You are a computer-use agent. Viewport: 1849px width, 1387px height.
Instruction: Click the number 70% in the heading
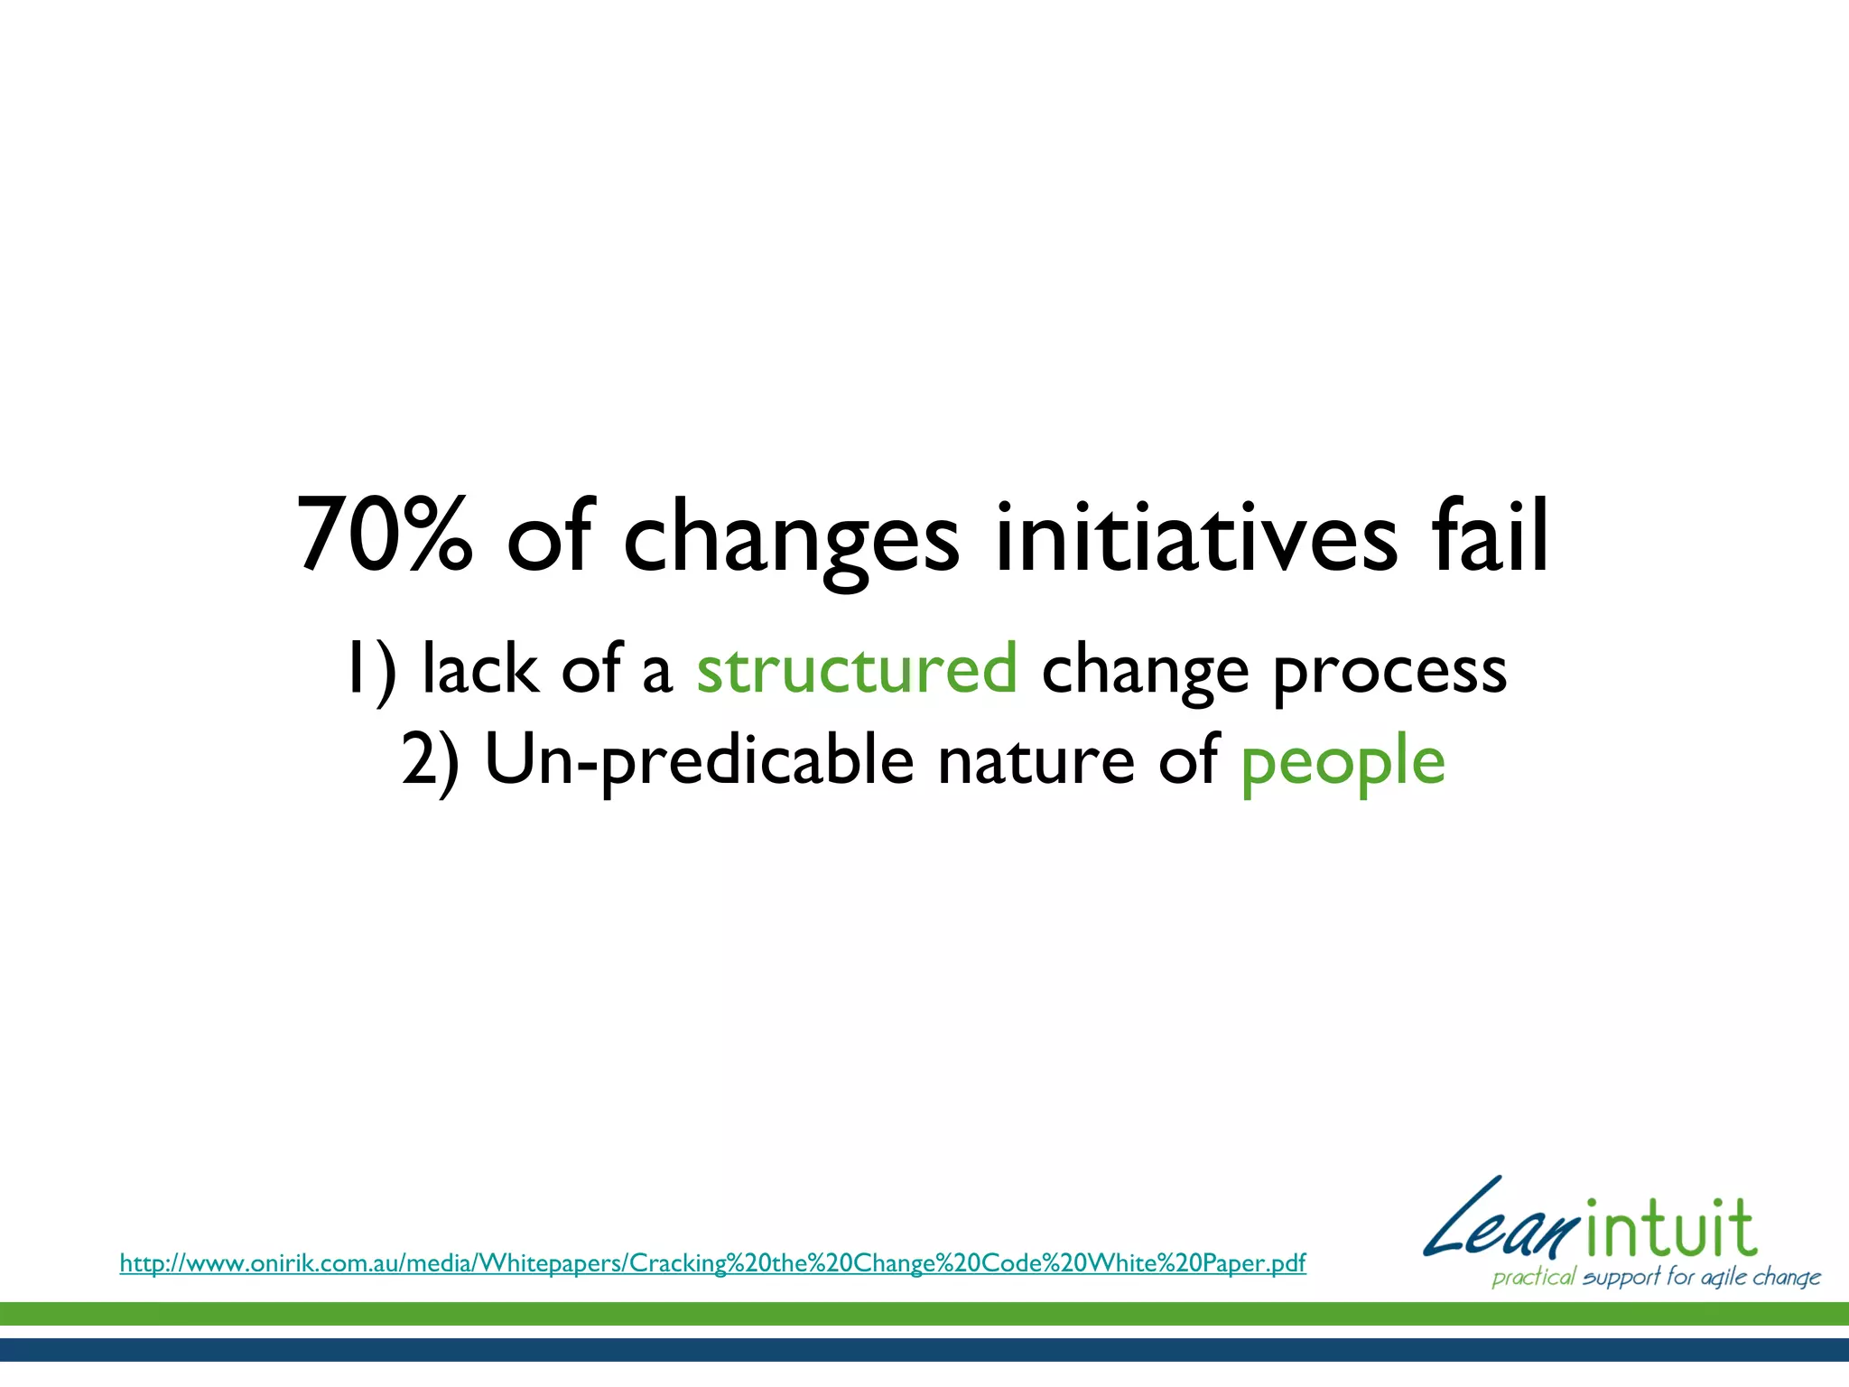pyautogui.click(x=385, y=535)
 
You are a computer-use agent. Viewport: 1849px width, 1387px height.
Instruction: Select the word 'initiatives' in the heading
pyautogui.click(x=1196, y=535)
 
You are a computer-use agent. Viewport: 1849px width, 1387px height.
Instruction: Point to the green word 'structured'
pyautogui.click(x=857, y=669)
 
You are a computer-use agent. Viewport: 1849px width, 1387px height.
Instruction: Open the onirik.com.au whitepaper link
pyautogui.click(x=712, y=1262)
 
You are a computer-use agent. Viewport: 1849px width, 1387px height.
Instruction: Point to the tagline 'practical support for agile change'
pyautogui.click(x=1656, y=1277)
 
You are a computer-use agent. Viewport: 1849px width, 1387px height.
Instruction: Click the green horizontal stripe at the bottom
pyautogui.click(x=924, y=1314)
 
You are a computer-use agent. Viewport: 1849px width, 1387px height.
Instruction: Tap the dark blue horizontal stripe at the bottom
pyautogui.click(x=924, y=1349)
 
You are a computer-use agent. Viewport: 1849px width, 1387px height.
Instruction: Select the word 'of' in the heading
pyautogui.click(x=549, y=535)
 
